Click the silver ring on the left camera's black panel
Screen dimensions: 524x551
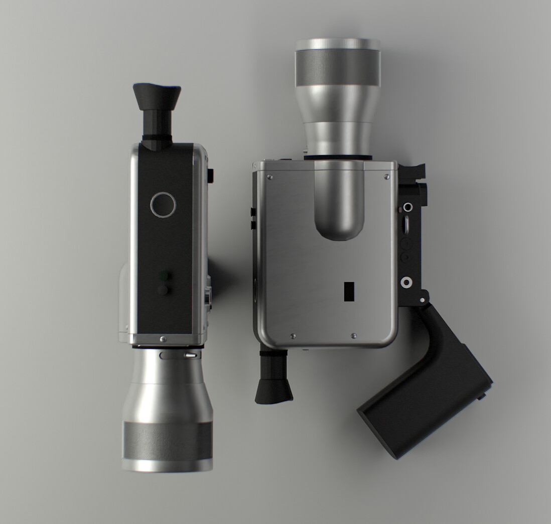(163, 205)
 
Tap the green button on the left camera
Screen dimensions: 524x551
(163, 276)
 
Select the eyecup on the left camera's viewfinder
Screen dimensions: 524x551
(157, 97)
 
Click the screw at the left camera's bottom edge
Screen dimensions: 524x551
(163, 339)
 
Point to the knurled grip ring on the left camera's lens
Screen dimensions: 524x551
(167, 440)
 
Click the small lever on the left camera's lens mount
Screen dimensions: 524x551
(189, 355)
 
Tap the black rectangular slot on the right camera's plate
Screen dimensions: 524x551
(349, 292)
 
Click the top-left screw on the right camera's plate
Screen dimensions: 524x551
(270, 177)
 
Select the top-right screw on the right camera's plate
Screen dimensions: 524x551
(386, 177)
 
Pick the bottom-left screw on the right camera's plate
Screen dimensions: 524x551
(293, 336)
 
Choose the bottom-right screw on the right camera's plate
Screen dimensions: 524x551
(354, 336)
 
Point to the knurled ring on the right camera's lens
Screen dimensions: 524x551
(338, 68)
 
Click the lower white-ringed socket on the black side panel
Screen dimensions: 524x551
(406, 283)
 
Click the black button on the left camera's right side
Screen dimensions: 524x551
(210, 176)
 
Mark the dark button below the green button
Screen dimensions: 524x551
(163, 290)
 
